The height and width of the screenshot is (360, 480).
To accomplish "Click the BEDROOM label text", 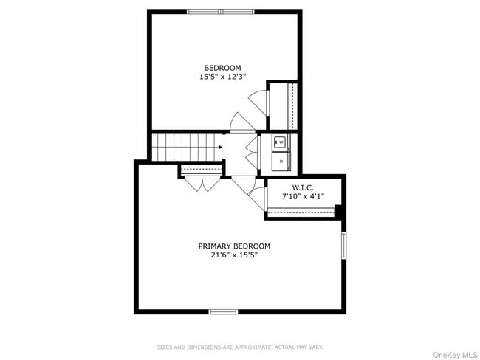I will [222, 68].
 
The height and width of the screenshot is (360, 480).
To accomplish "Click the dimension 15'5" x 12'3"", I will [222, 77].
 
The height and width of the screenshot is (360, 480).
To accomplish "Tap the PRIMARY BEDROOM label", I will [233, 246].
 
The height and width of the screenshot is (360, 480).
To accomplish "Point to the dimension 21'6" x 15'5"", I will [233, 255].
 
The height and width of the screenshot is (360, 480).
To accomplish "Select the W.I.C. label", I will [304, 187].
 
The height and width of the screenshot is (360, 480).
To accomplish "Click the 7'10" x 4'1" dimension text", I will [304, 196].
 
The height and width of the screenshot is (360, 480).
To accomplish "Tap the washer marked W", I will [281, 142].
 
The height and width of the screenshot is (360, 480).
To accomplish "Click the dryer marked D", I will [281, 159].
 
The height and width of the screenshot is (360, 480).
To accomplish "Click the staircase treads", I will [185, 146].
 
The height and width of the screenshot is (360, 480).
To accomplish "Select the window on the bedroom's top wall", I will [220, 11].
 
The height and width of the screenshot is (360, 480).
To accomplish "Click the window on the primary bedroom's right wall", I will [343, 245].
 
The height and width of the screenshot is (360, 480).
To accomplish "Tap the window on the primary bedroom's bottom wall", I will [223, 311].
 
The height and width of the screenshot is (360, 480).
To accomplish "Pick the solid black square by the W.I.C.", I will [339, 212].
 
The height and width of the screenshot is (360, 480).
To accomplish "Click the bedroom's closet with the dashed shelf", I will [282, 106].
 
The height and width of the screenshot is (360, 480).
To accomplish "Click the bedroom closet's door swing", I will [257, 100].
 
